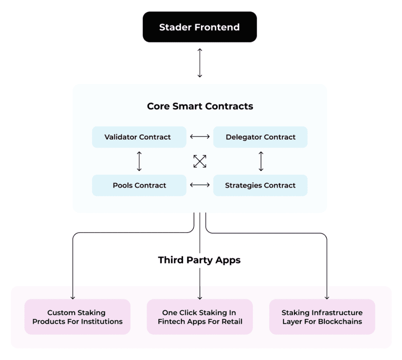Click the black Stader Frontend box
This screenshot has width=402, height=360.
point(199,27)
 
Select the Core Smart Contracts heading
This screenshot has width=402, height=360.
point(200,106)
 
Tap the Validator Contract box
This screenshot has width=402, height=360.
point(139,137)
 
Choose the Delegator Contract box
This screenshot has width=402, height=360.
point(260,137)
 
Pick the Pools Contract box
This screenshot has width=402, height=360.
point(139,185)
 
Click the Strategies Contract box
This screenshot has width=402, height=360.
point(260,185)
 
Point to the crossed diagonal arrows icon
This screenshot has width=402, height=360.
point(200,161)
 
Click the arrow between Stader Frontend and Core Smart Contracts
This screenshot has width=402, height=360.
point(199,62)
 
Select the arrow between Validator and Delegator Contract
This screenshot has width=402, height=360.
point(200,137)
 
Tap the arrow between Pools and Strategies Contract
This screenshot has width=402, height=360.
point(200,185)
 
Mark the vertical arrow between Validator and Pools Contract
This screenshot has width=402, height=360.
point(139,161)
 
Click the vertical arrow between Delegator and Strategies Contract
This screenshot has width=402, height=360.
point(261,161)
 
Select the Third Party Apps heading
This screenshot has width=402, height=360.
point(199,260)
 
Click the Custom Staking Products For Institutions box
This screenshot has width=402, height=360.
point(77,317)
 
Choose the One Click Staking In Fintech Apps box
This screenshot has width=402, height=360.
point(200,317)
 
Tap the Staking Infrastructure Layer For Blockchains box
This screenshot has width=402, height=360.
point(322,317)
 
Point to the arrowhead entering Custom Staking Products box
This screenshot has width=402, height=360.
point(73,297)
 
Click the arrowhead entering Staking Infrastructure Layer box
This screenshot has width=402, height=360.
point(327,297)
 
